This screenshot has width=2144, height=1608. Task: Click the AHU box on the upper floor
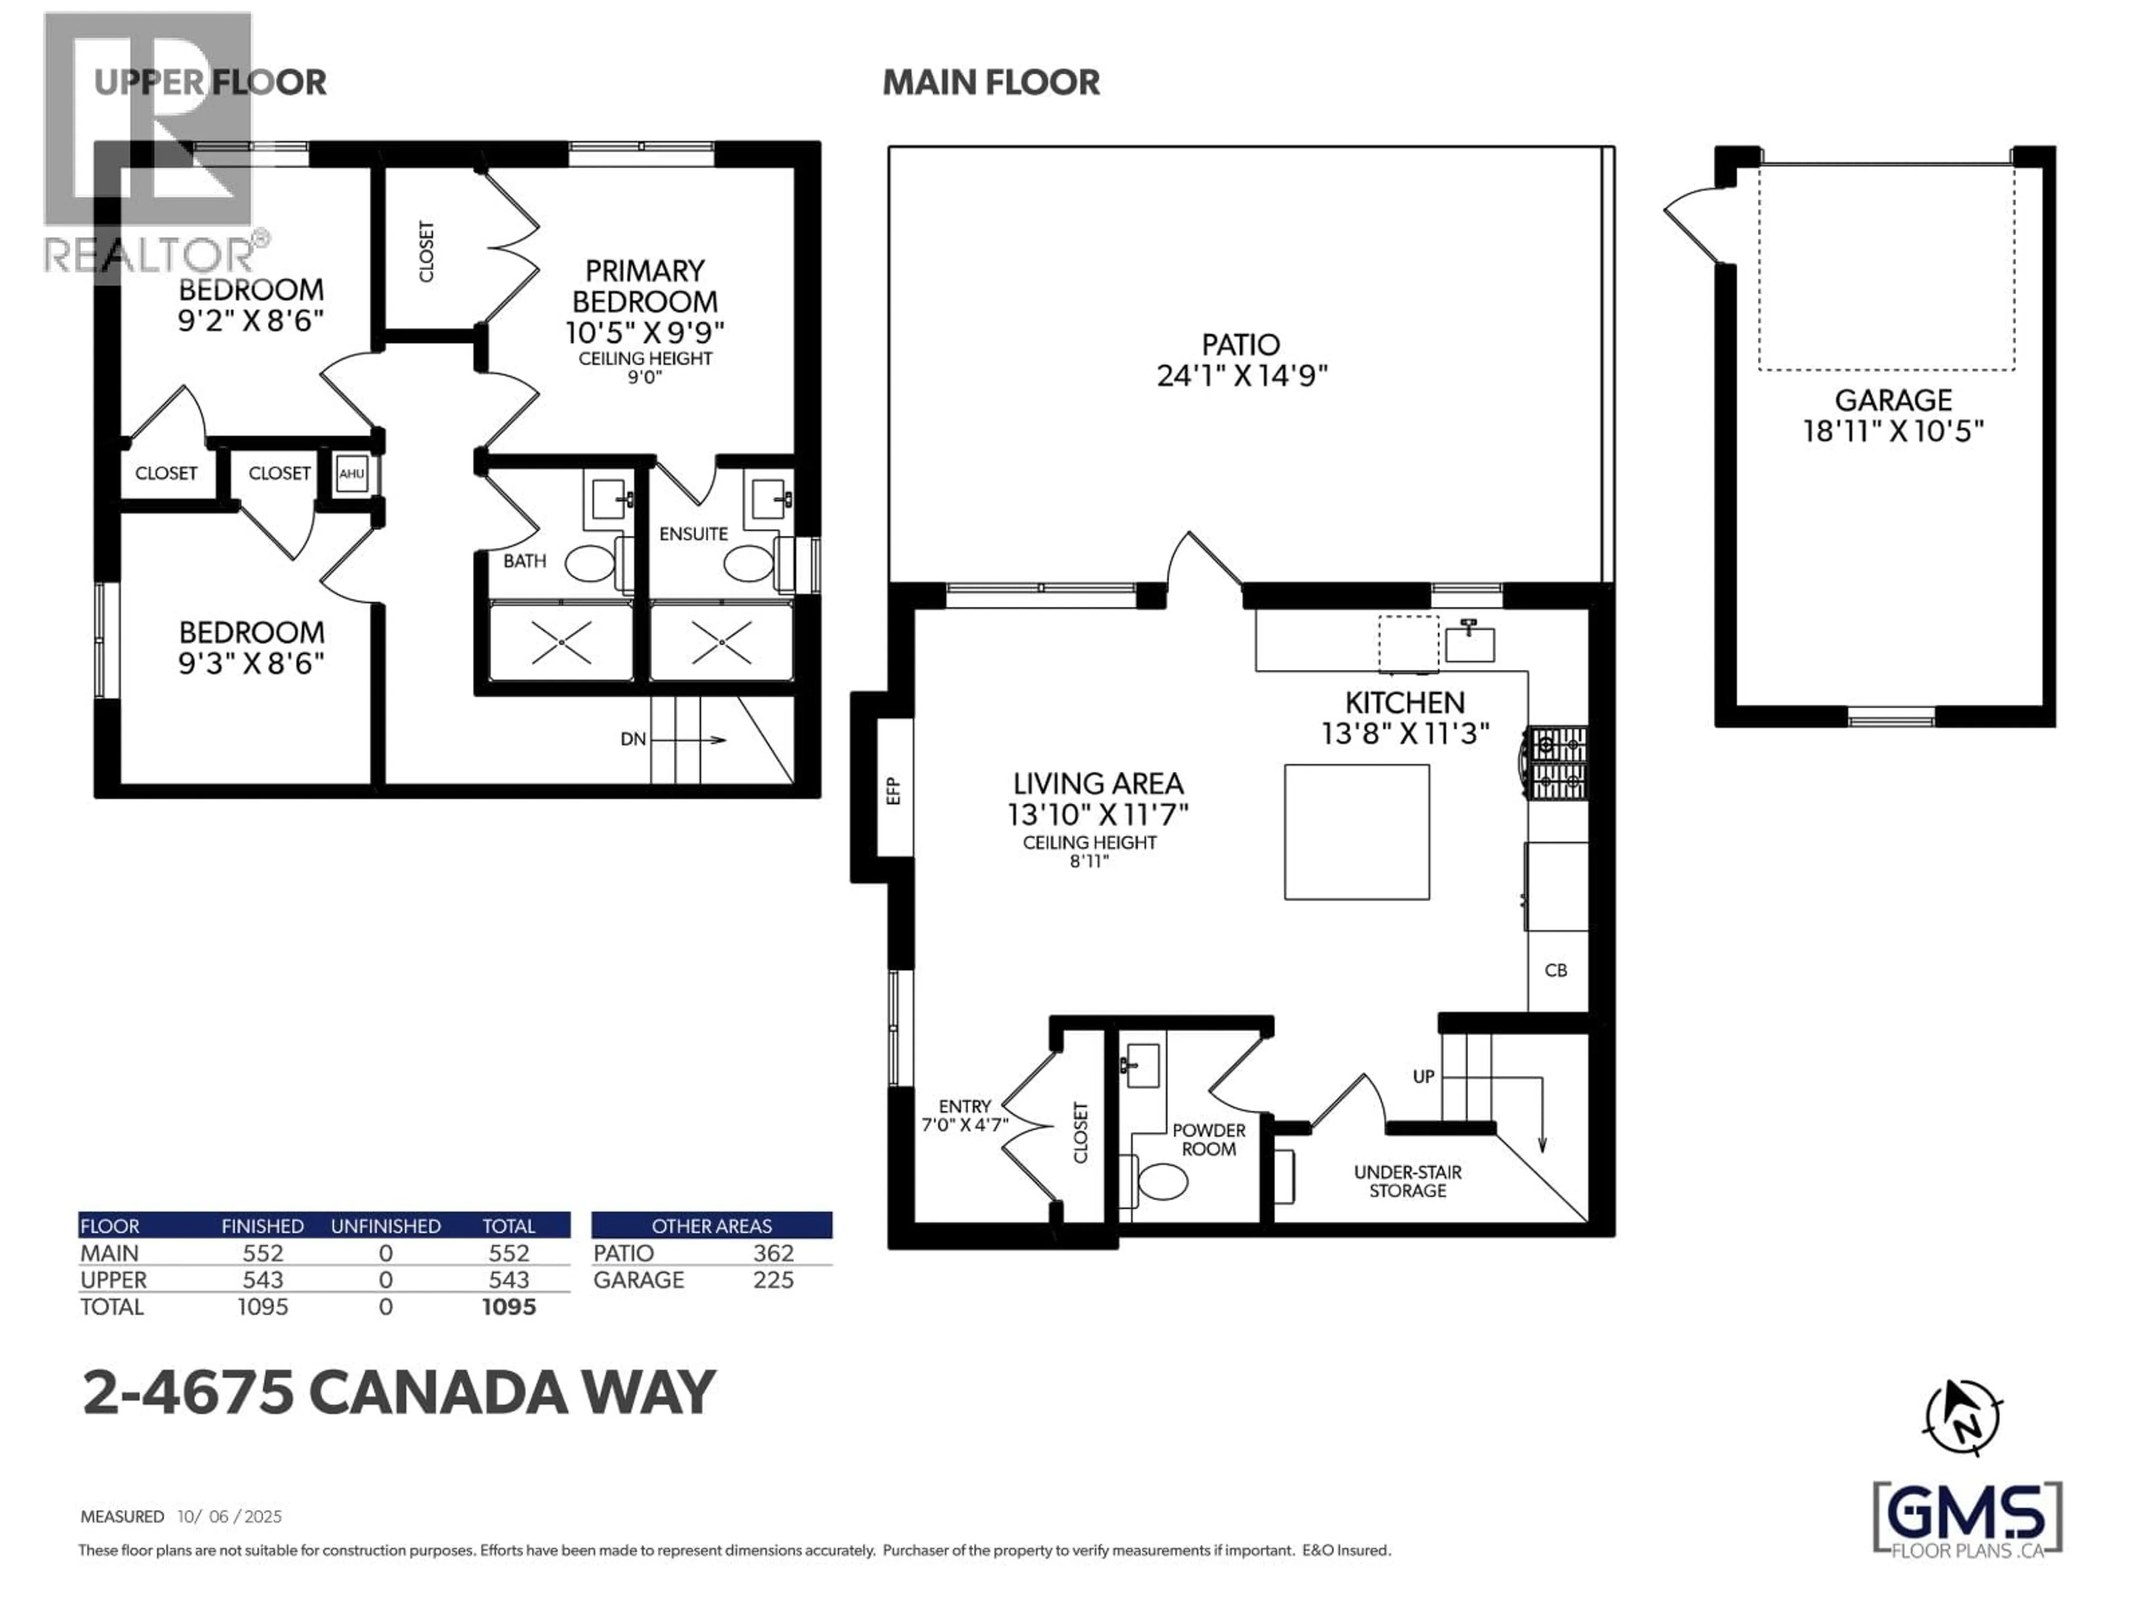click(351, 474)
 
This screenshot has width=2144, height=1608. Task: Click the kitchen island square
click(1356, 831)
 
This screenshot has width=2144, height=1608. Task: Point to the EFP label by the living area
click(894, 791)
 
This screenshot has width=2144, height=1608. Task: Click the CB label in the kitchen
click(1556, 970)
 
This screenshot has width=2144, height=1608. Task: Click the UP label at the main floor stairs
click(1423, 1077)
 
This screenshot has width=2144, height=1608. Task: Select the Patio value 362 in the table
click(773, 1253)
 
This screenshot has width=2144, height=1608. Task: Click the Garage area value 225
click(773, 1280)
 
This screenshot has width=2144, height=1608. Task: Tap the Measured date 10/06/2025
click(229, 1516)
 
